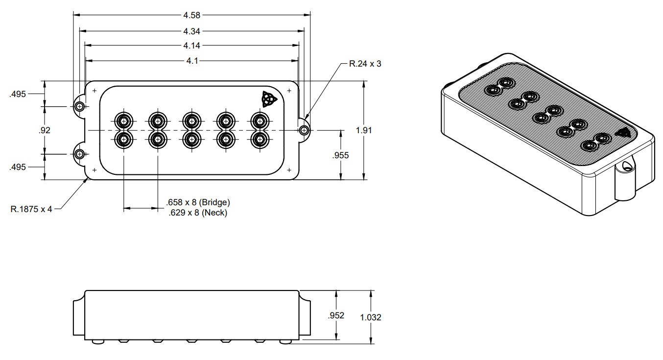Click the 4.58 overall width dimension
tap(192, 15)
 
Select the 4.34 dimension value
tap(192, 31)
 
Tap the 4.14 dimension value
tap(192, 46)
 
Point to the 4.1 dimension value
tap(192, 61)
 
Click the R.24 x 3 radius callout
tap(364, 64)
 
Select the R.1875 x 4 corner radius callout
tap(31, 209)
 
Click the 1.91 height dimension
tap(364, 130)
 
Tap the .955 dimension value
tap(340, 155)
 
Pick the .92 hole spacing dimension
tap(45, 130)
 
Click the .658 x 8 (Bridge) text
tap(198, 202)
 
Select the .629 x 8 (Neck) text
tap(197, 213)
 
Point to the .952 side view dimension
tap(336, 315)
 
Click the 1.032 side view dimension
tap(371, 317)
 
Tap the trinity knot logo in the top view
tap(268, 99)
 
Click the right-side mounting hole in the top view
tap(305, 130)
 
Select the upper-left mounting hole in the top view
tap(79, 106)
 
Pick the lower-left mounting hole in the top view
tap(79, 154)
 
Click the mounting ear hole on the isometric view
tap(626, 167)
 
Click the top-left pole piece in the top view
tap(124, 120)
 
